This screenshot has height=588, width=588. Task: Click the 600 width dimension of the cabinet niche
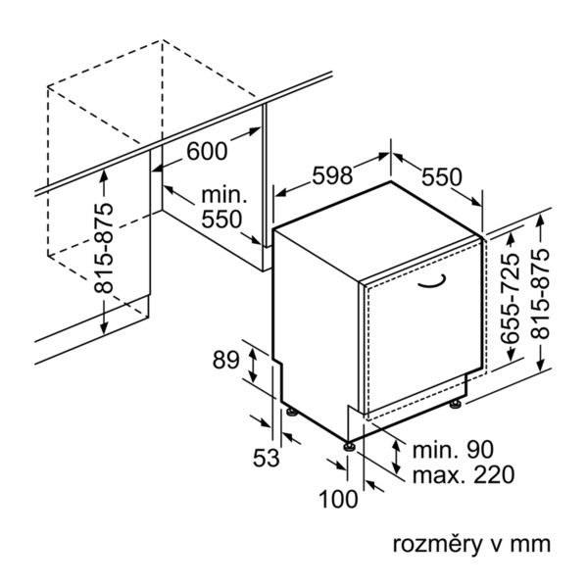pos(207,151)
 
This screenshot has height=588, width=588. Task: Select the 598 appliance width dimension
pos(332,175)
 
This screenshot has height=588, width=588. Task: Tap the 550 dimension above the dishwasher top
pos(442,176)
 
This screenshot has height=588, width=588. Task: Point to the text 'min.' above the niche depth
pos(224,195)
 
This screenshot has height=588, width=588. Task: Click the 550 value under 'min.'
pos(222,219)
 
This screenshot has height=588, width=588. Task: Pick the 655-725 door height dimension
pos(511,299)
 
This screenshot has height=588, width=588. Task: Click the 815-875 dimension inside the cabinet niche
pos(103,248)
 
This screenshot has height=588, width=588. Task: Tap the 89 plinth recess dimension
pos(225,360)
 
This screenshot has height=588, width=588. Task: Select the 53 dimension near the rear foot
pos(267,458)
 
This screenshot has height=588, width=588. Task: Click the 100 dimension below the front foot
pos(338,499)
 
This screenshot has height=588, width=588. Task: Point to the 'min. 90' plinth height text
pos(453,450)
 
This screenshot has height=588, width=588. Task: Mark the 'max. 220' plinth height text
pos(464,474)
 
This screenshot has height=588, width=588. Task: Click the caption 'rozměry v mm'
pos(471,544)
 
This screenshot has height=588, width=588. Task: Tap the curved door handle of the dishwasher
pos(432,282)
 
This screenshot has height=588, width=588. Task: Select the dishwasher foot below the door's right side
pos(456,405)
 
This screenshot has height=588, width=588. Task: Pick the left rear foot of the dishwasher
pos(292,412)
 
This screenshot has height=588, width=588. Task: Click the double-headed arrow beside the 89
pos(254,366)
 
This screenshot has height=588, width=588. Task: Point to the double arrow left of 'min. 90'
pos(396,457)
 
